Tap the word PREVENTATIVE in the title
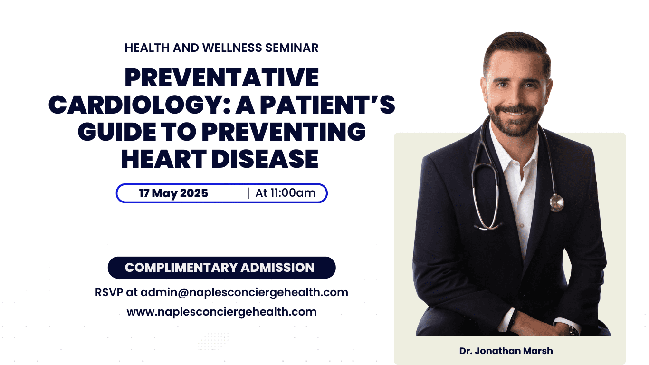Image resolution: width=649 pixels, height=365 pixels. coord(221,78)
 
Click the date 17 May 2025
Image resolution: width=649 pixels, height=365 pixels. coord(173,193)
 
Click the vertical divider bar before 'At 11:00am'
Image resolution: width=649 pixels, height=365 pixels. coord(248,193)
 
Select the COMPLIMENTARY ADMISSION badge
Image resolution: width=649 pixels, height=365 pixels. coord(221,268)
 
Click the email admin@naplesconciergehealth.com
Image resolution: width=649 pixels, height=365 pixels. coord(244,292)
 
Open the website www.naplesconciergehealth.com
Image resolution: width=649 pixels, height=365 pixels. coord(221,312)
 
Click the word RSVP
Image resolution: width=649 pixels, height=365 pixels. coord(109,292)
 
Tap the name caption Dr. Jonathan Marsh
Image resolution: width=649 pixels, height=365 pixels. coord(506,351)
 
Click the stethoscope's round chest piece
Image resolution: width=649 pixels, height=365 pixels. coord(557,203)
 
